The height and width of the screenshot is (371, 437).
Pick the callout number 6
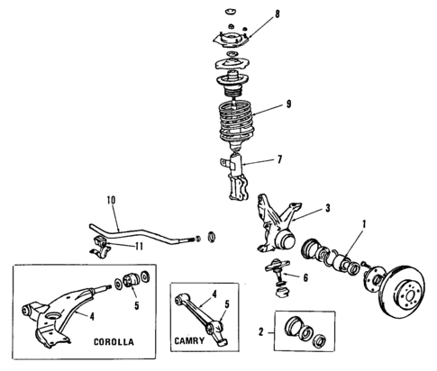[x=305, y=277]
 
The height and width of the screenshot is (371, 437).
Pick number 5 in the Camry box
[x=229, y=305]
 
